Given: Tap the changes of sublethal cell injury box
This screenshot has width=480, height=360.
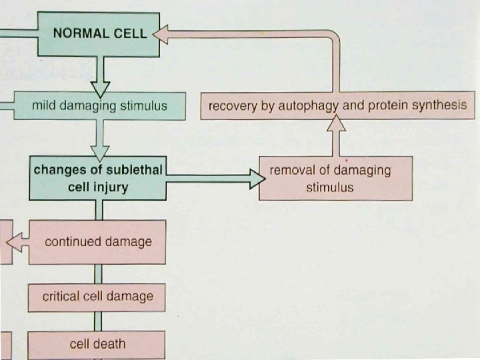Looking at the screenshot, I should coord(97,178).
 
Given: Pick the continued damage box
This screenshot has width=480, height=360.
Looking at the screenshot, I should coord(97,241).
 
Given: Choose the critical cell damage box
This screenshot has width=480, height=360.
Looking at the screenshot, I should coord(97,297).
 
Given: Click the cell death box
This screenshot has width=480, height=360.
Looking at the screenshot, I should coord(97,344).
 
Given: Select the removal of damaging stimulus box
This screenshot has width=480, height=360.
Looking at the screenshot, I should coord(335,178).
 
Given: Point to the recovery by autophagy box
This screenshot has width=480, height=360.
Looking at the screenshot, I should coord(337,106).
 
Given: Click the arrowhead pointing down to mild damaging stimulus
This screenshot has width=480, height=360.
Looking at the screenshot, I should coord(100,87).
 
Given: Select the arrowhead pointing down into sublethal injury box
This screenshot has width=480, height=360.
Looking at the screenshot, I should coord(100,153).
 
